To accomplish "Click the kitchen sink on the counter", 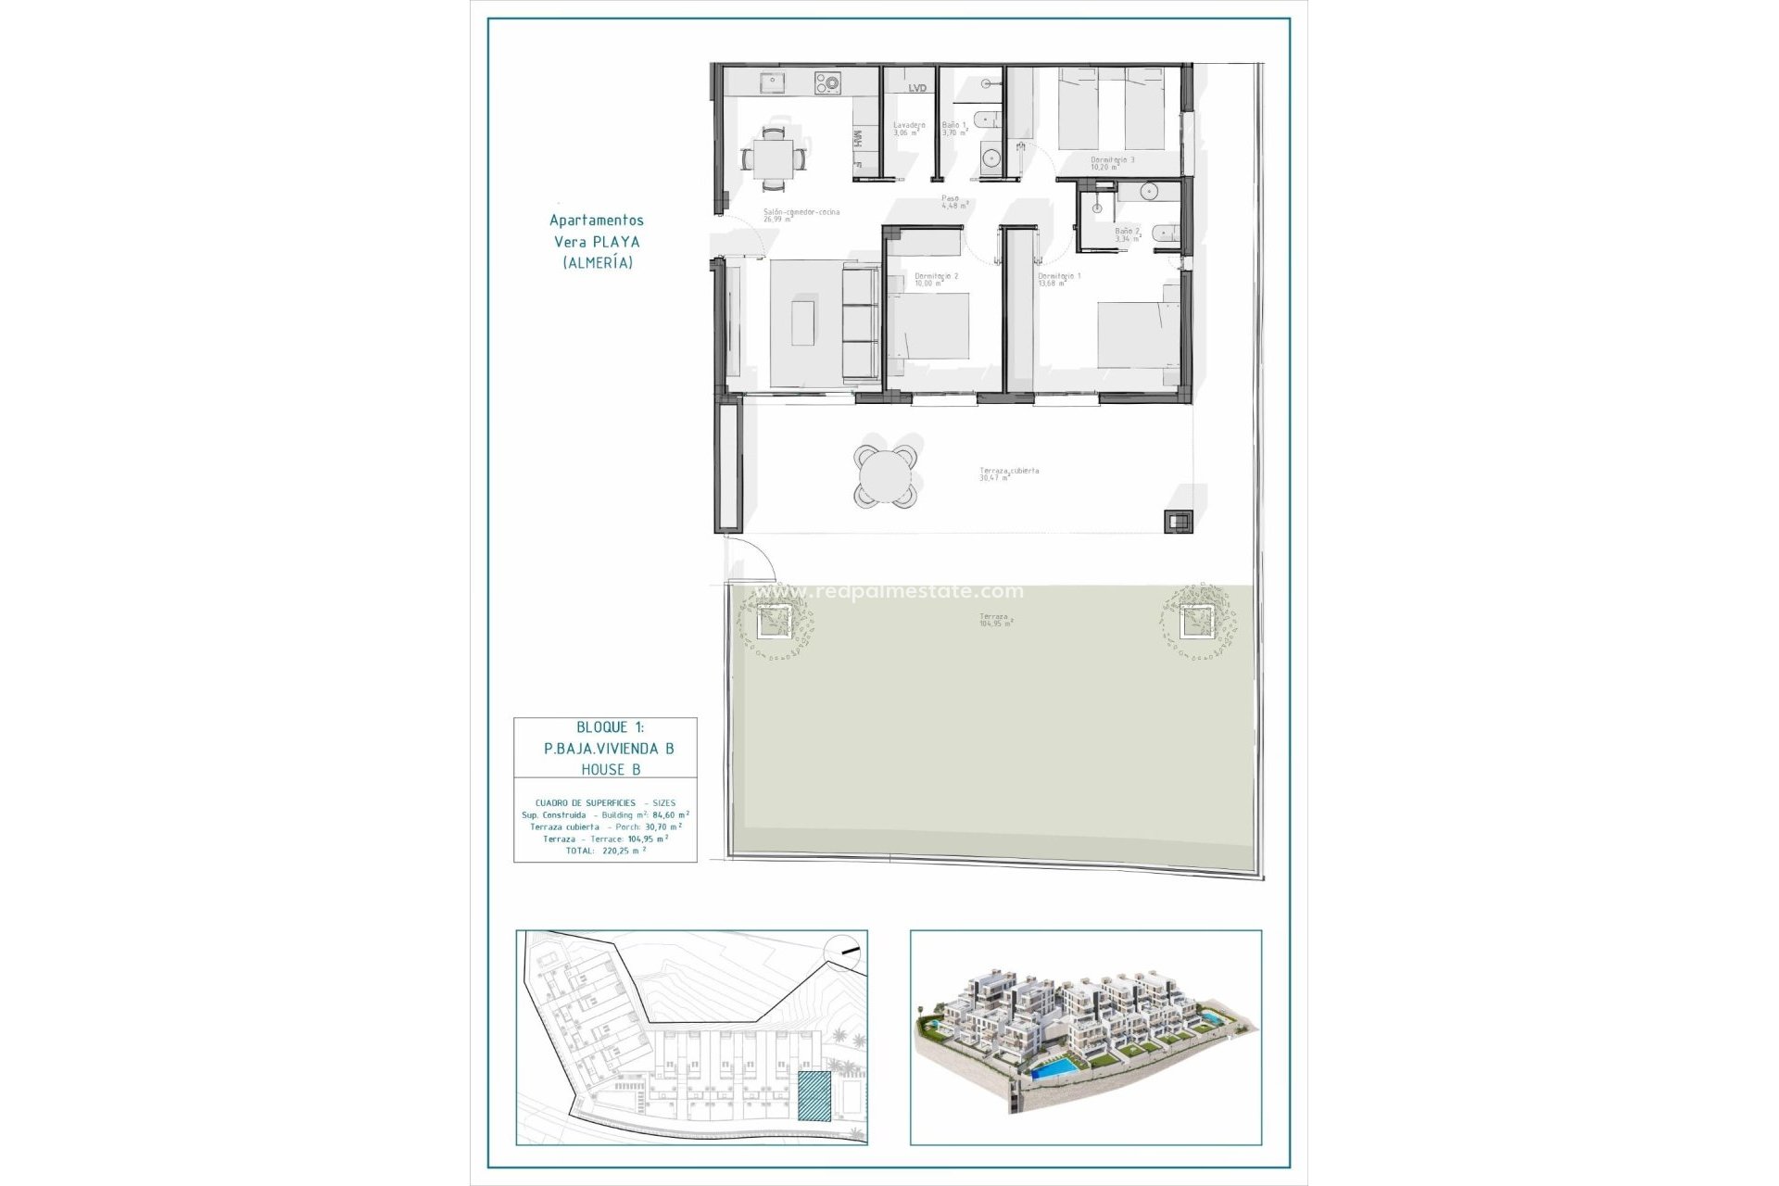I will (770, 83).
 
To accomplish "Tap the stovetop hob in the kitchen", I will (827, 84).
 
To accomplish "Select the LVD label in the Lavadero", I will (916, 89).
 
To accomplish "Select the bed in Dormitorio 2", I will (928, 324).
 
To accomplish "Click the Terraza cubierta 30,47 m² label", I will (1009, 473).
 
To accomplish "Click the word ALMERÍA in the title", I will (598, 263).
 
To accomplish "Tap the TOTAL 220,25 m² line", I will (605, 851).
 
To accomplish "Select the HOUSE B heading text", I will (611, 769).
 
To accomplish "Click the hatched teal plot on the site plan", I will (814, 1097).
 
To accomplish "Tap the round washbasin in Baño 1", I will (987, 155).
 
